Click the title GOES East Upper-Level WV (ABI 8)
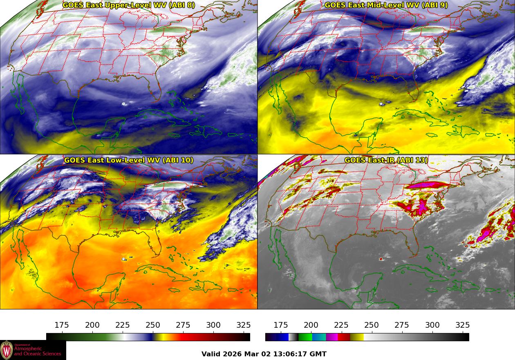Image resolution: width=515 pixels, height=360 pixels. coord(129,5)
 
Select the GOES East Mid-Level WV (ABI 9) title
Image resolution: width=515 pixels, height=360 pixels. coord(386,5)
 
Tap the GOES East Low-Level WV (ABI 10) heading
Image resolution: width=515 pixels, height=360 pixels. coord(129,160)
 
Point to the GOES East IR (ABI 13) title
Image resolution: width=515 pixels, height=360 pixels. coord(386,160)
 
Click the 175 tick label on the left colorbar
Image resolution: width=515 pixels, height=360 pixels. coord(62,325)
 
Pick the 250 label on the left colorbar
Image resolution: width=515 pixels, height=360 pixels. coord(153,325)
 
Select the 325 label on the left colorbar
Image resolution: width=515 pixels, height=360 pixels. coord(244,325)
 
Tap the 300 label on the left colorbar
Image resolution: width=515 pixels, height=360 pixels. coord(213,325)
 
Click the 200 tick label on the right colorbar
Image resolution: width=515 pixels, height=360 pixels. coord(311,325)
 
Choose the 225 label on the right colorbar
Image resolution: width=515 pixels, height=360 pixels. coord(341,325)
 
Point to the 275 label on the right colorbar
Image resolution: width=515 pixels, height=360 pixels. coord(402,325)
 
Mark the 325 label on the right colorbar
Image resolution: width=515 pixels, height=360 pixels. coord(463,325)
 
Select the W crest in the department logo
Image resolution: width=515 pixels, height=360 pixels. coord(7,350)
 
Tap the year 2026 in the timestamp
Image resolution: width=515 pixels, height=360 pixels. coord(233,354)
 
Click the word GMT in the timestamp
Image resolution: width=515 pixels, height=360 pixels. coord(318,354)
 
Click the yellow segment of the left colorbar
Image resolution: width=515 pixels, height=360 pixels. coord(159,337)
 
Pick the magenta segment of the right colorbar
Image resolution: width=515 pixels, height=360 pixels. coord(332,337)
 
